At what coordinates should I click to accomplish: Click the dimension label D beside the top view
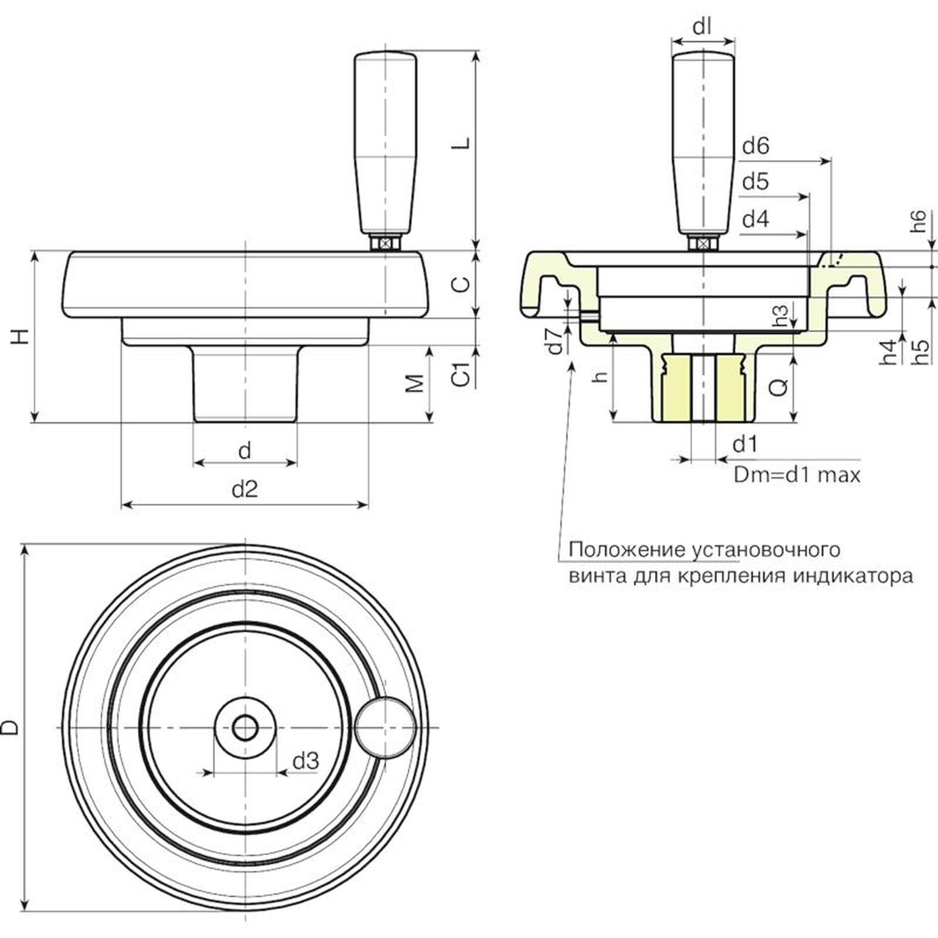coord(11,728)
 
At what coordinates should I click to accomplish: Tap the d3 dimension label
coord(305,761)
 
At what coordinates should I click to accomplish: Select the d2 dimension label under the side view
coord(245,489)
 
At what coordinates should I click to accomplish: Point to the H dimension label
coord(21,336)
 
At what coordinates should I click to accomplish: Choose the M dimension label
coord(415,383)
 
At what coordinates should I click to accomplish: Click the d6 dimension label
coord(755,146)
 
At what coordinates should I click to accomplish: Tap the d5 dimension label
coord(755,182)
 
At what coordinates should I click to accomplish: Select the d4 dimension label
coord(755,220)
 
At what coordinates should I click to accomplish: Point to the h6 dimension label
coord(920,221)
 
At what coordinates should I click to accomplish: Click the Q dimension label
coord(778,386)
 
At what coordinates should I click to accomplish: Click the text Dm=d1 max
coord(797,474)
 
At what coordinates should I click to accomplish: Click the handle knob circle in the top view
coord(385,727)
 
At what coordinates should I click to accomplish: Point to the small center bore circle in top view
coord(245,728)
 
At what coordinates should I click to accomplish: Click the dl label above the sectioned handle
coord(702,27)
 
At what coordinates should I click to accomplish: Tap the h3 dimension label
coord(781,315)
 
